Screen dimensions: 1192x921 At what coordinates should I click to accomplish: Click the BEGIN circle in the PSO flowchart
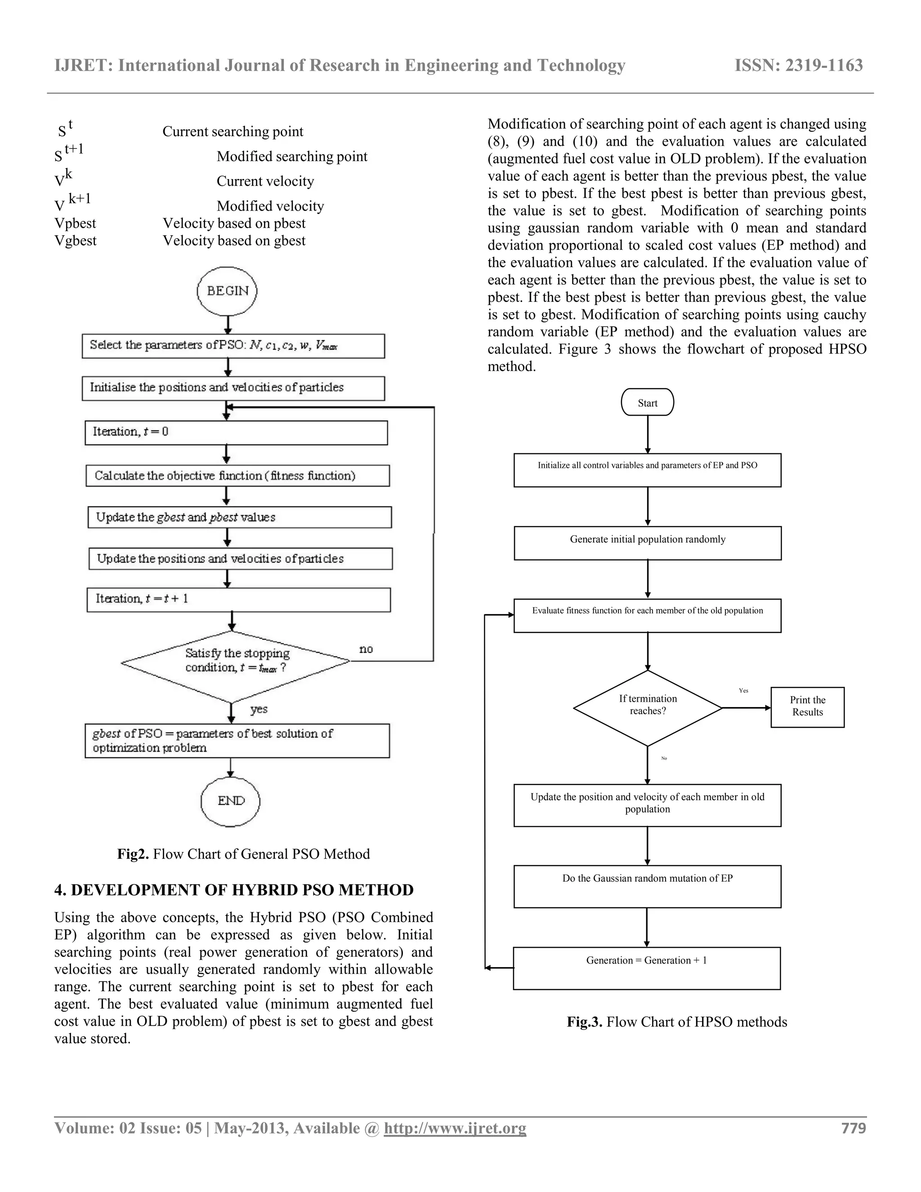pyautogui.click(x=227, y=291)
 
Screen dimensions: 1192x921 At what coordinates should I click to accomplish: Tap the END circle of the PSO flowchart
pyautogui.click(x=230, y=801)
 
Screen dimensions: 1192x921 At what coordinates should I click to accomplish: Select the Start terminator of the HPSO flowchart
pyautogui.click(x=647, y=402)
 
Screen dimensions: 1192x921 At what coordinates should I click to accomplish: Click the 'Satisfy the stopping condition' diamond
pyautogui.click(x=235, y=662)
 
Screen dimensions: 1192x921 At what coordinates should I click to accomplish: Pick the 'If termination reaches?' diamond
pyautogui.click(x=648, y=708)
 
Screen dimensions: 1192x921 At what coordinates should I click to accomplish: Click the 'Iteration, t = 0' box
pyautogui.click(x=236, y=432)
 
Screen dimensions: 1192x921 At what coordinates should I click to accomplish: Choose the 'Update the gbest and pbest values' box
pyautogui.click(x=240, y=517)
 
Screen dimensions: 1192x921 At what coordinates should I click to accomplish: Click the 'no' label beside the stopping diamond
pyautogui.click(x=366, y=649)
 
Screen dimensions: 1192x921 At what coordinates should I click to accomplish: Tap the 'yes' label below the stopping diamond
pyautogui.click(x=259, y=709)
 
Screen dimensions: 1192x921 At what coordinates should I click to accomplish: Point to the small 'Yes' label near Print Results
pyautogui.click(x=743, y=690)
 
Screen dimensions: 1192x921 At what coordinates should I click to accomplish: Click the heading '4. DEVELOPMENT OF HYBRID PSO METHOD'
pyautogui.click(x=233, y=890)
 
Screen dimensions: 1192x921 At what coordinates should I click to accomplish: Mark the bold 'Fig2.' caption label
pyautogui.click(x=133, y=854)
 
